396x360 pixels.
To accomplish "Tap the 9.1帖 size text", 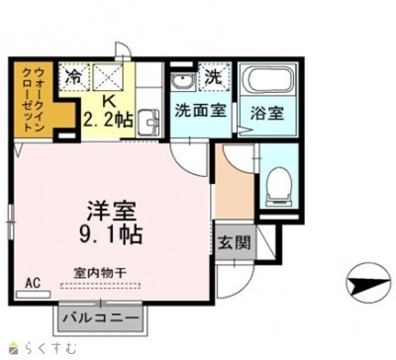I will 109,235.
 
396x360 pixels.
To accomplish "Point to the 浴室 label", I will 267,113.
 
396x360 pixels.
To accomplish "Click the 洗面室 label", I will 200,111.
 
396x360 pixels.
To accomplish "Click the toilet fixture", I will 279,184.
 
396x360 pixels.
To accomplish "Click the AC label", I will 32,282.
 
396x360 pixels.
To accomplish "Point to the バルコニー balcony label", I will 100,317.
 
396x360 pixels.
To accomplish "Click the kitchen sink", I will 149,124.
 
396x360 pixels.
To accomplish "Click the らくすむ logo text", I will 38,346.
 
